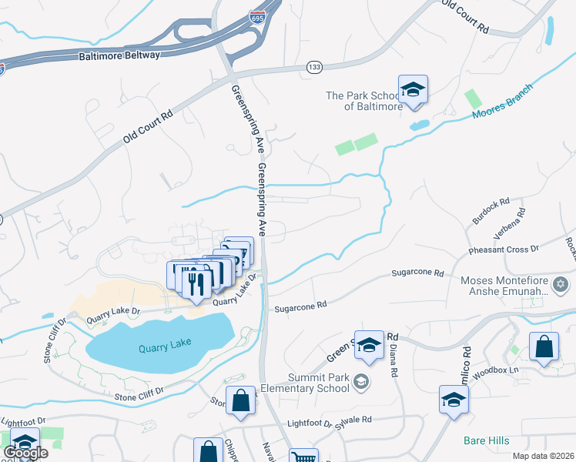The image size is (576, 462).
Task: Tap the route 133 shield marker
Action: [313, 67]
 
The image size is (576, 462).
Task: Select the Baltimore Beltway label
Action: [119, 56]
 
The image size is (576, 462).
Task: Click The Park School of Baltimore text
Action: [364, 101]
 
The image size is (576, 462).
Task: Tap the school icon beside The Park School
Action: [413, 90]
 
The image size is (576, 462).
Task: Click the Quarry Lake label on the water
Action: [163, 348]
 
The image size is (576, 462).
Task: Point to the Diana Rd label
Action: [393, 363]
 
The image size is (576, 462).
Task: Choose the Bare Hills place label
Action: [486, 440]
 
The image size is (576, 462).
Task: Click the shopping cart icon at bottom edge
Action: [303, 457]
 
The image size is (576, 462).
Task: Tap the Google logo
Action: [25, 453]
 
